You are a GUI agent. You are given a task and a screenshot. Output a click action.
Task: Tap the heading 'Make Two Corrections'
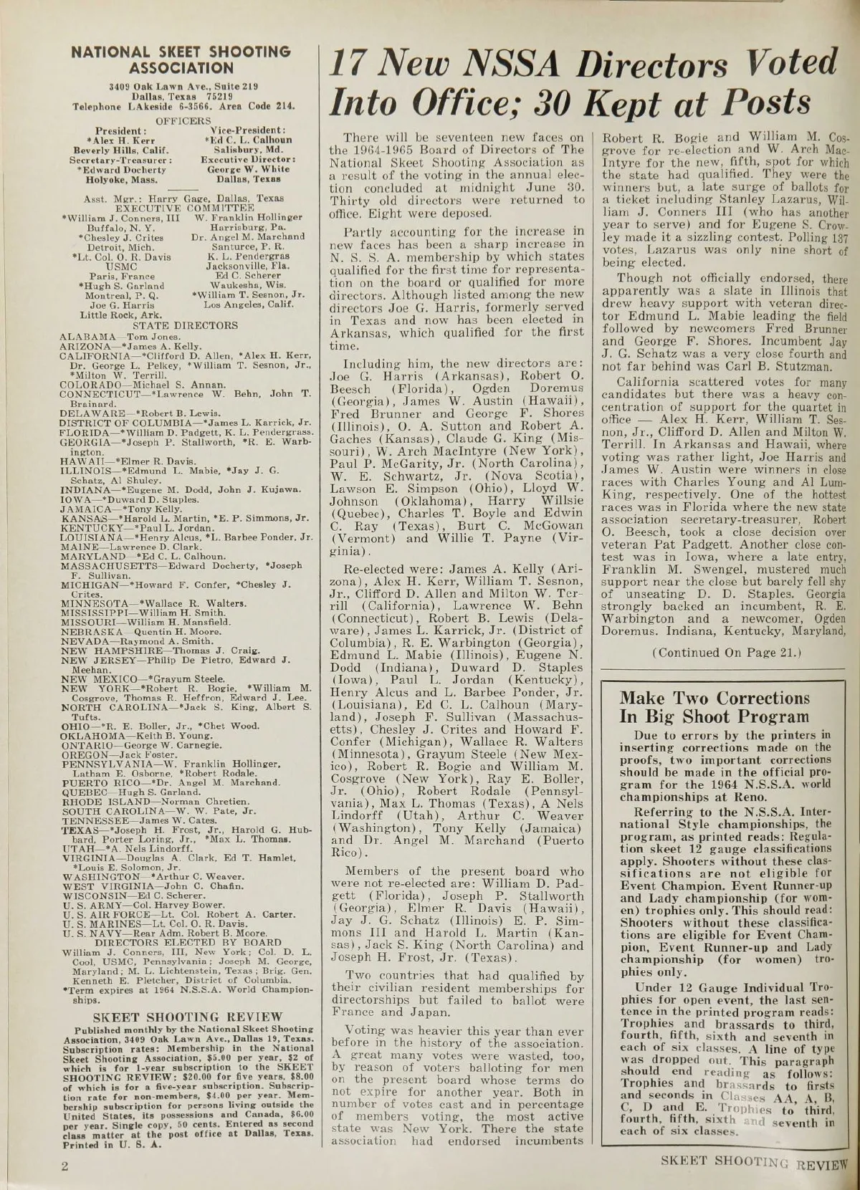[x=715, y=698]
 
